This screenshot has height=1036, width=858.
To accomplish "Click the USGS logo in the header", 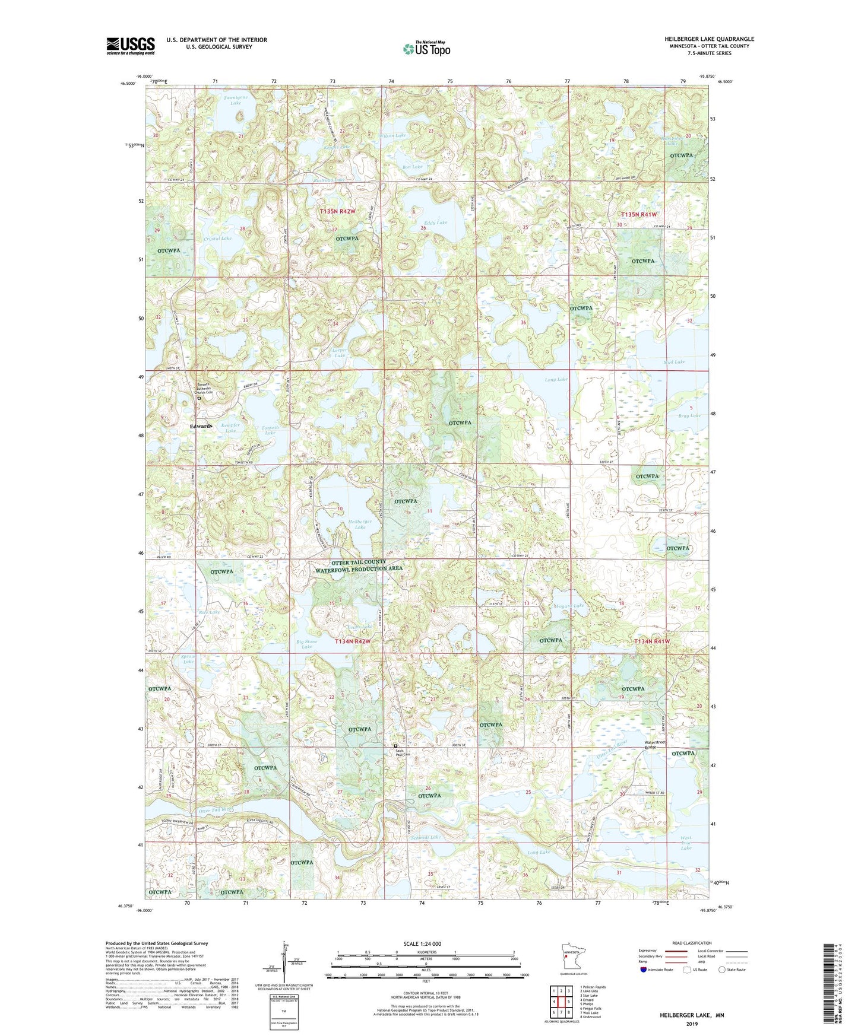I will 131,46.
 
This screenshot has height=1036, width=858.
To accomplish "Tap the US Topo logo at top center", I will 426,49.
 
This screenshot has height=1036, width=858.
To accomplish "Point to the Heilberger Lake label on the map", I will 360,524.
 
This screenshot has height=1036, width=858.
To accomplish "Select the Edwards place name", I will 201,426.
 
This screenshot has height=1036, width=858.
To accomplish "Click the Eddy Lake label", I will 435,223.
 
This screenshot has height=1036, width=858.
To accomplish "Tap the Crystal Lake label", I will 217,238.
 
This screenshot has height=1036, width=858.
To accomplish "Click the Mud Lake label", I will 674,361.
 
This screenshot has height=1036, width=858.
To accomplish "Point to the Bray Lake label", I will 689,415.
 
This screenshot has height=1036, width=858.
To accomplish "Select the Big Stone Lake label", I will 306,644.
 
